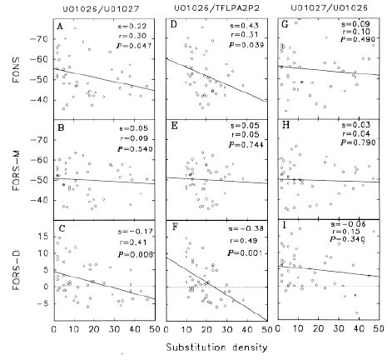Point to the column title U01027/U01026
pyautogui.click(x=328, y=10)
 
